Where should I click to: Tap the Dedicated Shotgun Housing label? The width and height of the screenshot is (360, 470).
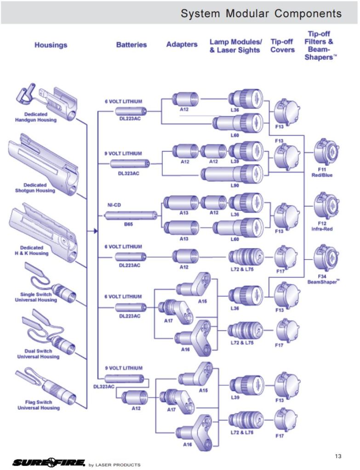[39, 188]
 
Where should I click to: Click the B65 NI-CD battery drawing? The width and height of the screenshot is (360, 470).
[131, 215]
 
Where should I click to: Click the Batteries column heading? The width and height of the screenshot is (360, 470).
[131, 45]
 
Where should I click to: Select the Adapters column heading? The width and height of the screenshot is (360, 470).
[182, 45]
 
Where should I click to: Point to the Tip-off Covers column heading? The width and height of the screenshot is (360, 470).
[282, 45]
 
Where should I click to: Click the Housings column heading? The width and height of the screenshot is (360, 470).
[51, 45]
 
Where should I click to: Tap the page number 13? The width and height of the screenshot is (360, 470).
[338, 456]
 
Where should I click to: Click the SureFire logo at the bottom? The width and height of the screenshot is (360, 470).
[49, 462]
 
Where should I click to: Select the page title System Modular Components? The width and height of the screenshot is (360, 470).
[261, 13]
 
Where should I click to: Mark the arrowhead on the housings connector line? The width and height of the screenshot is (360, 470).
[96, 231]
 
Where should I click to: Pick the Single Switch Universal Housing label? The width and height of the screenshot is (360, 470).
[39, 297]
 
